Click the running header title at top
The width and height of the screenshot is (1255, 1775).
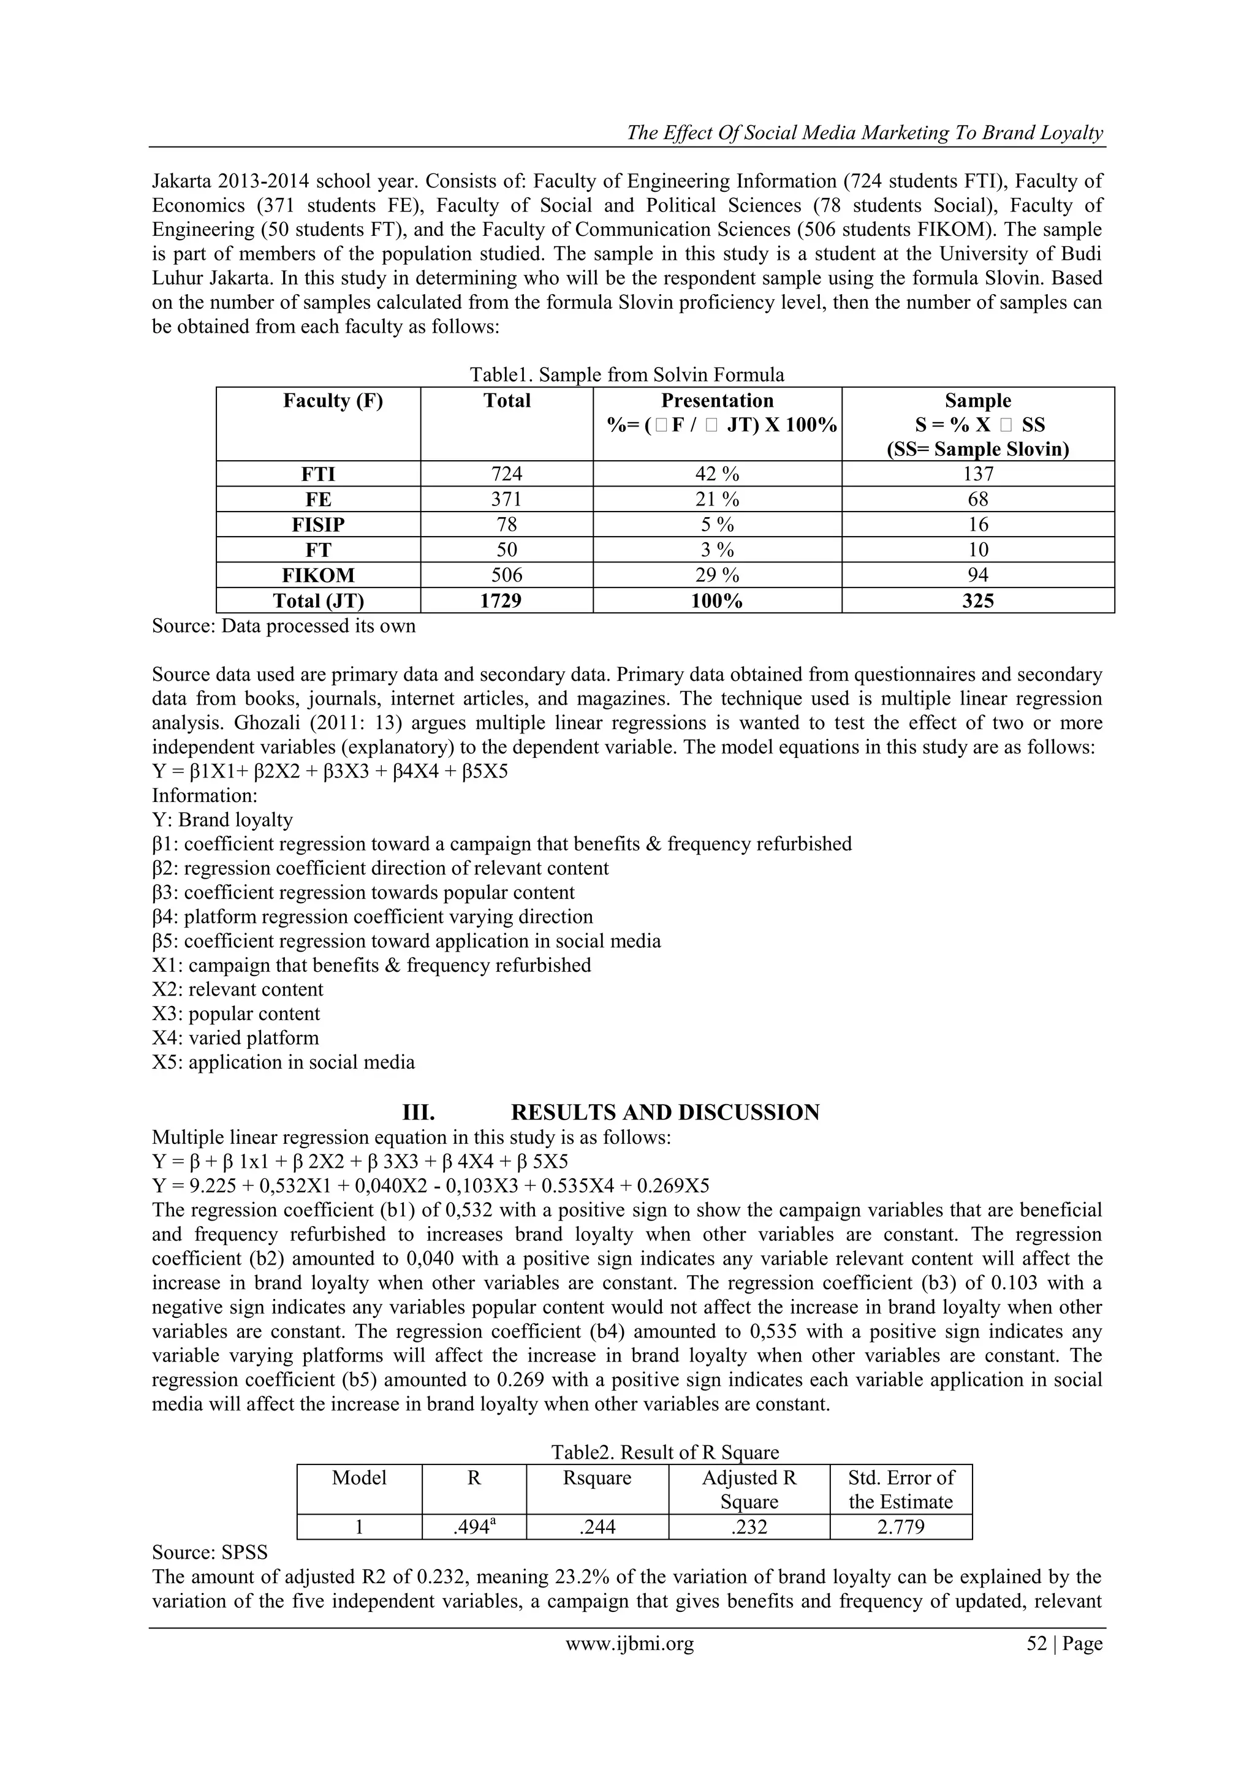click(865, 133)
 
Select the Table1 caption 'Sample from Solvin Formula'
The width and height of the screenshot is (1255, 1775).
click(626, 375)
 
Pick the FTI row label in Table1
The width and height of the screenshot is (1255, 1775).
click(318, 474)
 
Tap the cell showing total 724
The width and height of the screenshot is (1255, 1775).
click(507, 474)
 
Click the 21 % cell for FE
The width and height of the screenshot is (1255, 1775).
click(717, 499)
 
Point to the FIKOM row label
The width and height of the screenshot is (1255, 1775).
click(318, 575)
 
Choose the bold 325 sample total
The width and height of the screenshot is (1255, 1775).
click(977, 600)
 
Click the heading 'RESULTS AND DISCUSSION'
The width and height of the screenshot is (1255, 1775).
click(665, 1113)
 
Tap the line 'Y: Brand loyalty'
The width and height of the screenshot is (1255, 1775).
click(222, 819)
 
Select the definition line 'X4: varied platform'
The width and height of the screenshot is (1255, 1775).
click(235, 1039)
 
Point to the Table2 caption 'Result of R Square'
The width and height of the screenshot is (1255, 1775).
click(665, 1453)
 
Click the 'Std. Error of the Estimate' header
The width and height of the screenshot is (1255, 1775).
click(900, 1489)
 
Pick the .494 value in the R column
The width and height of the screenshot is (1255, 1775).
click(472, 1527)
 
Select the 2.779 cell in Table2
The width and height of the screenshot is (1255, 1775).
click(900, 1527)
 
